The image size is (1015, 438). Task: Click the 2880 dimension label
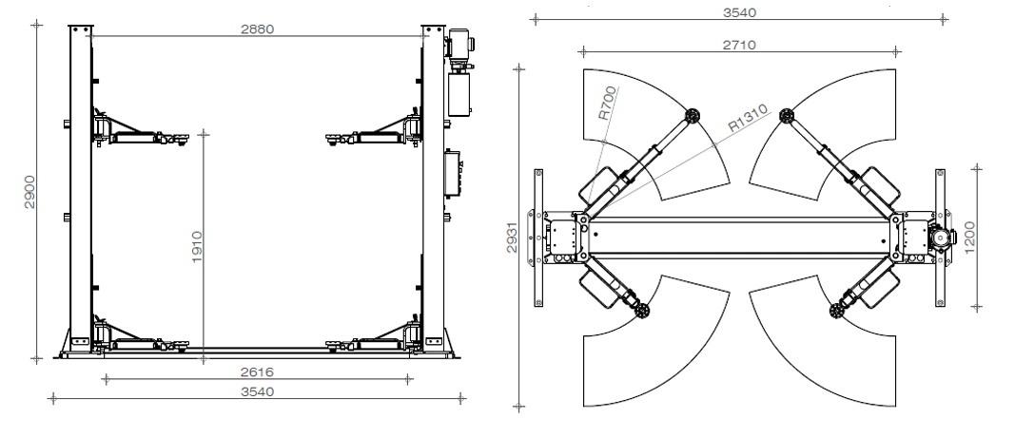[257, 29]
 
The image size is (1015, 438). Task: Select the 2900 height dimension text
[29, 194]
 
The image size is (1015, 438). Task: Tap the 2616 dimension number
[259, 372]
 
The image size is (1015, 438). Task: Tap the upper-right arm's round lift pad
[786, 116]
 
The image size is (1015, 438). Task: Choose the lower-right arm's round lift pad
[837, 310]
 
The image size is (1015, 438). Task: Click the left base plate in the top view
[539, 238]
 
